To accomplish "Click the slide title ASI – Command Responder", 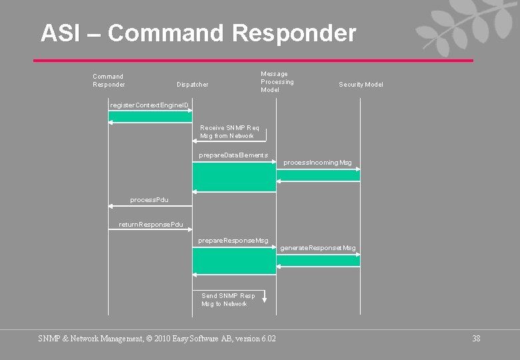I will point(198,33).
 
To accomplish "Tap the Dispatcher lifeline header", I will point(192,85).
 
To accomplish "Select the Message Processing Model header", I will point(277,82).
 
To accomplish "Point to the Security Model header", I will point(361,85).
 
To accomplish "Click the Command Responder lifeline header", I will point(108,81).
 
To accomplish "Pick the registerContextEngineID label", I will point(149,105).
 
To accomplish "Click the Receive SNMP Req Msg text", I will point(229,131).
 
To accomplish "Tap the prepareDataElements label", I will point(233,155).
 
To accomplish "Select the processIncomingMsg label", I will point(317,163).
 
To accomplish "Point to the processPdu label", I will point(149,199).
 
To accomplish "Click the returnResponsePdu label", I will point(151,225).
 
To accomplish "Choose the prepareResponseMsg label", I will point(233,240).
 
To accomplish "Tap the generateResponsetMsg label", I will point(318,248).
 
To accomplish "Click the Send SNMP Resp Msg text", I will point(228,300).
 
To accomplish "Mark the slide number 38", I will point(476,339).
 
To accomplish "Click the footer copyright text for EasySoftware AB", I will point(157,339).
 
